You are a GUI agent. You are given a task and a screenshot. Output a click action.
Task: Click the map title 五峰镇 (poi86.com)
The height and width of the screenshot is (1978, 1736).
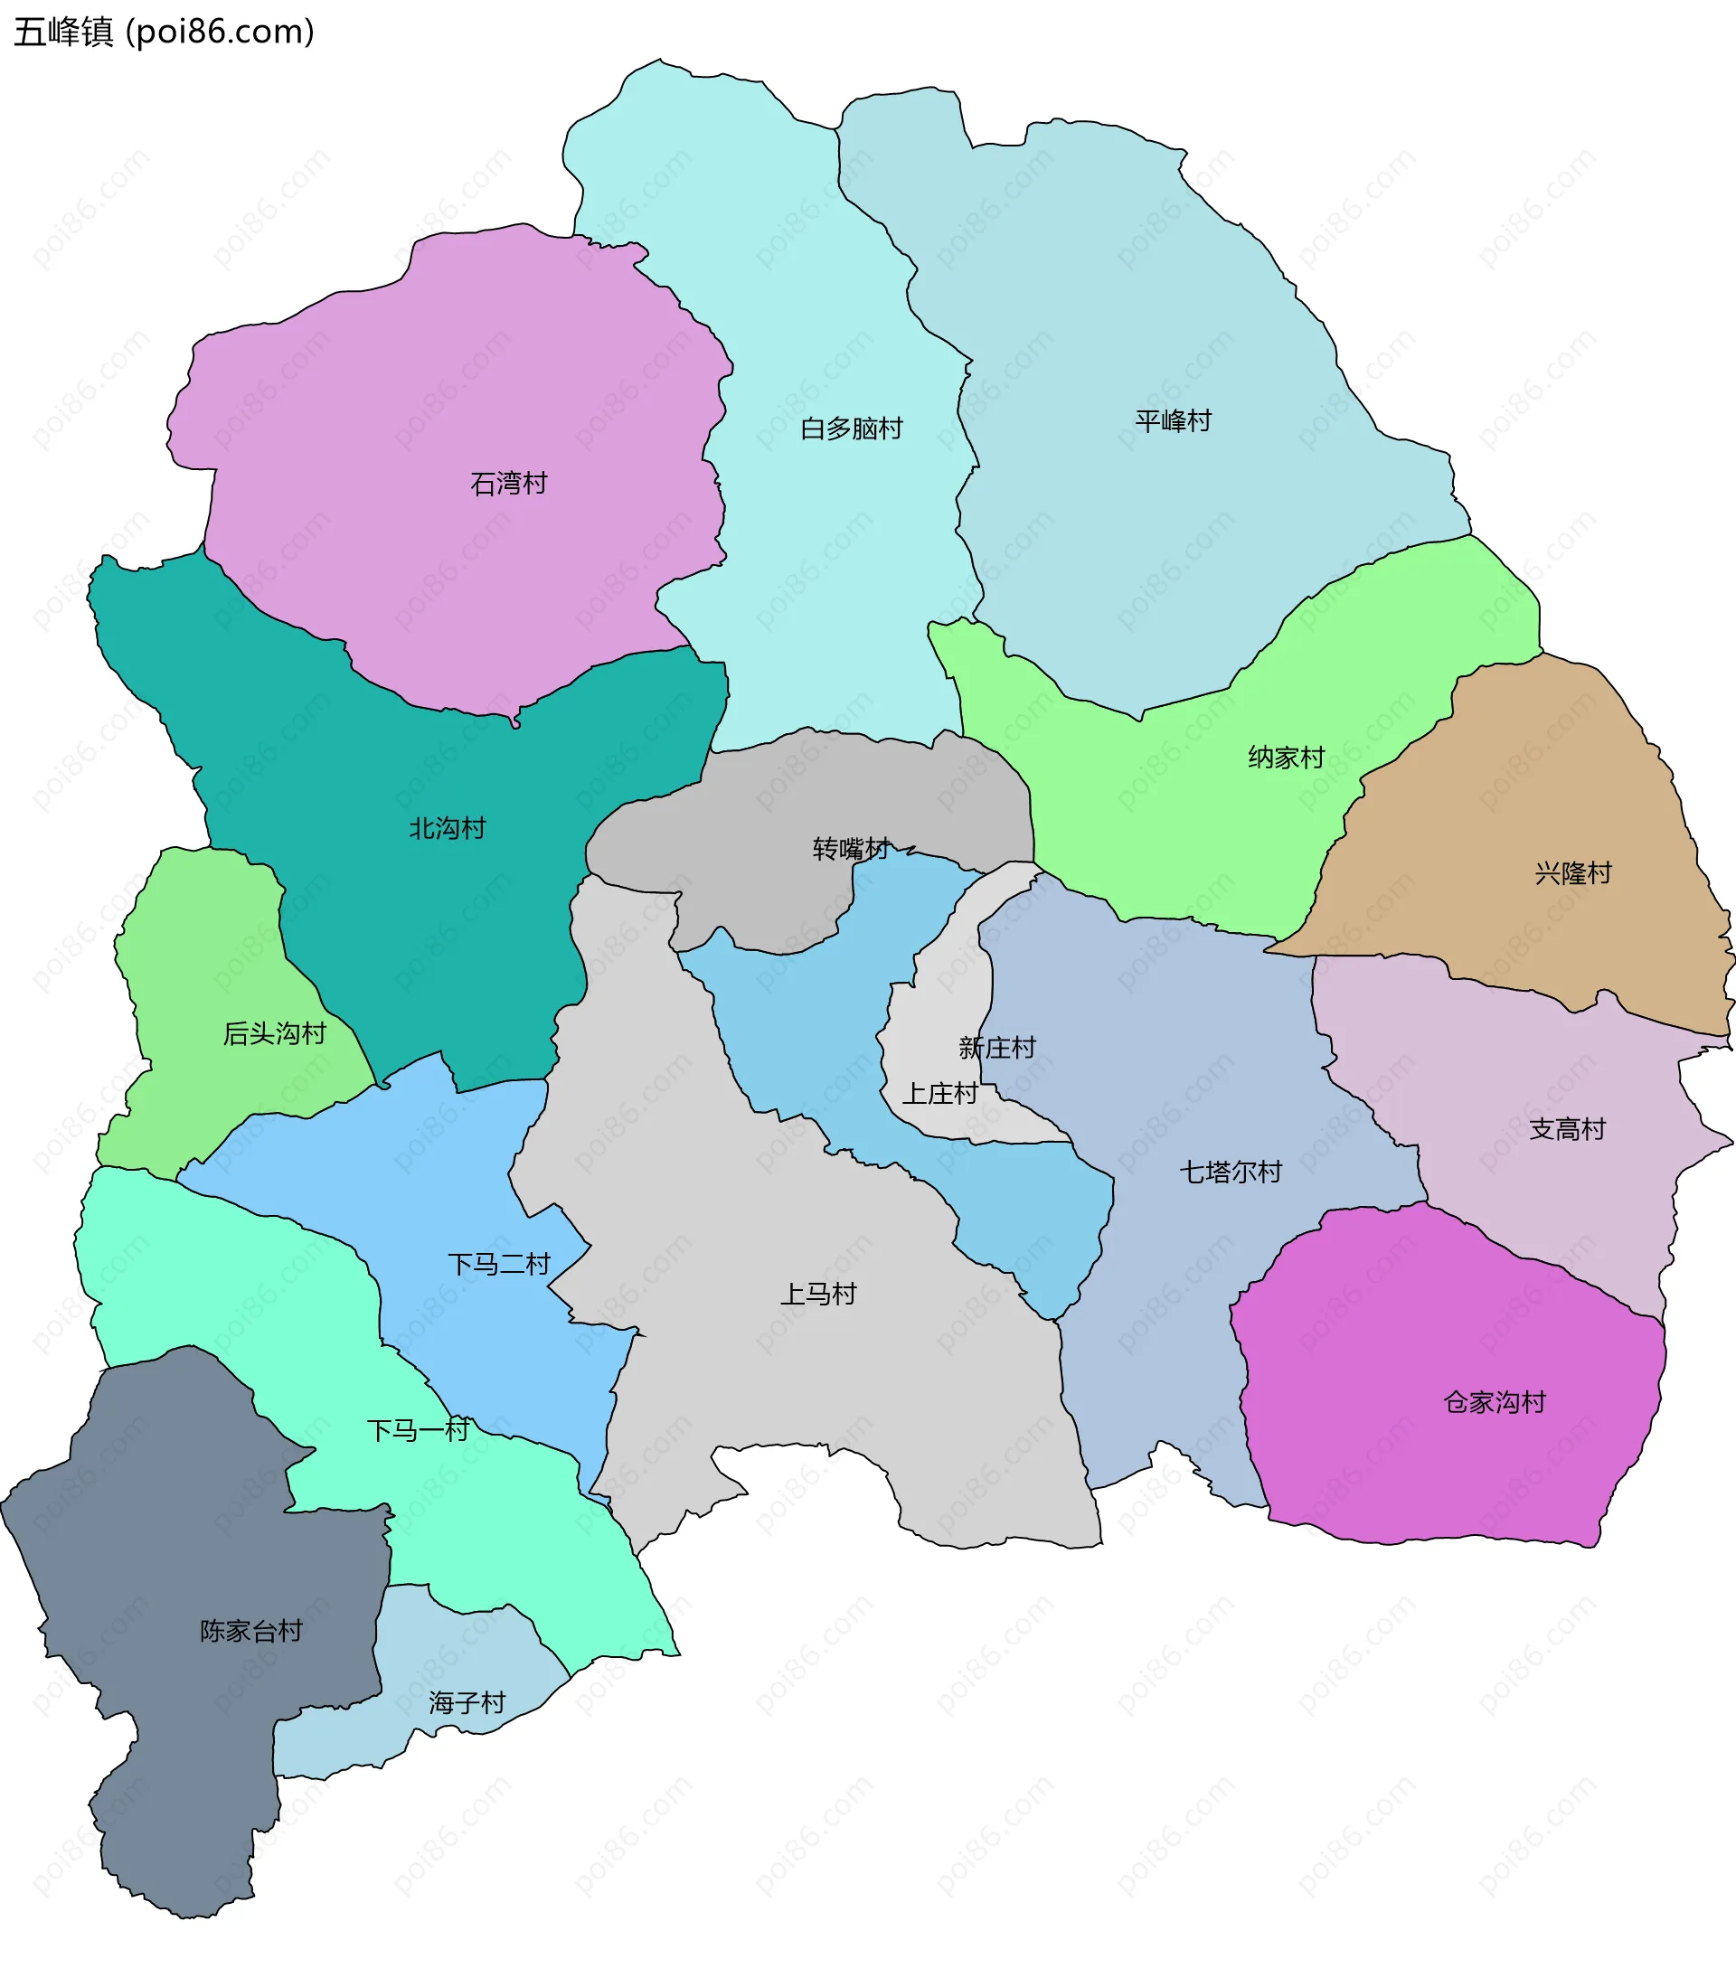[164, 33]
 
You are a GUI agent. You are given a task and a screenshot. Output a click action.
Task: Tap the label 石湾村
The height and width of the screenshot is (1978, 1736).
[509, 483]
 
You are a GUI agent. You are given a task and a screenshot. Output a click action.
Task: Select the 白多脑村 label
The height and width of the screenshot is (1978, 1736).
[852, 429]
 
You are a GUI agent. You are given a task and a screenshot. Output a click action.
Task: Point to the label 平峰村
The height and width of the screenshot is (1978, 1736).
[1173, 421]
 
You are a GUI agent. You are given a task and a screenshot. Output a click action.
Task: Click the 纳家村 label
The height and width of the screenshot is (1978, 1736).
[1286, 757]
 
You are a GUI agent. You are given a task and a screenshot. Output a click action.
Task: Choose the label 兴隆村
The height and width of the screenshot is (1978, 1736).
[1573, 873]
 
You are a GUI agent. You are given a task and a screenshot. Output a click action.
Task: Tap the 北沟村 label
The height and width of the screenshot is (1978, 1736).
[447, 828]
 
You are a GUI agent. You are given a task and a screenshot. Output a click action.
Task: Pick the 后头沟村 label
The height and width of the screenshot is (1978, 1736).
[275, 1033]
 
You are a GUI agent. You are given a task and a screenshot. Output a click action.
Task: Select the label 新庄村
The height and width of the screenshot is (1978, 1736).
[997, 1047]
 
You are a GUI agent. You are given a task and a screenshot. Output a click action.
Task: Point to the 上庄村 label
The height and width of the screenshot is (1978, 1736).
[940, 1094]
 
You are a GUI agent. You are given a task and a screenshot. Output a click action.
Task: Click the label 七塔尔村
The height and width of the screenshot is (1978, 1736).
[1231, 1172]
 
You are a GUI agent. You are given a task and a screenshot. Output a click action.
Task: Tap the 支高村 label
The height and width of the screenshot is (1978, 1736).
[1568, 1128]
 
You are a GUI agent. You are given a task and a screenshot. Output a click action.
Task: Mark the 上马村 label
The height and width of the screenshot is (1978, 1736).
[818, 1294]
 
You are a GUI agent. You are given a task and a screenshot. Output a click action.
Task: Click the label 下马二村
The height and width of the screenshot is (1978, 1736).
[499, 1264]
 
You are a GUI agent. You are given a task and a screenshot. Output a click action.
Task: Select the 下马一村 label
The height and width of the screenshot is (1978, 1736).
[418, 1430]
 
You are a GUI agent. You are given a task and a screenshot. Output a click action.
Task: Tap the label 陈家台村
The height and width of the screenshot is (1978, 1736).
[251, 1631]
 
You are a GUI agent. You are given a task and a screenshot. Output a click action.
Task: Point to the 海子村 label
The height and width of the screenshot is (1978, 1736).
[467, 1702]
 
